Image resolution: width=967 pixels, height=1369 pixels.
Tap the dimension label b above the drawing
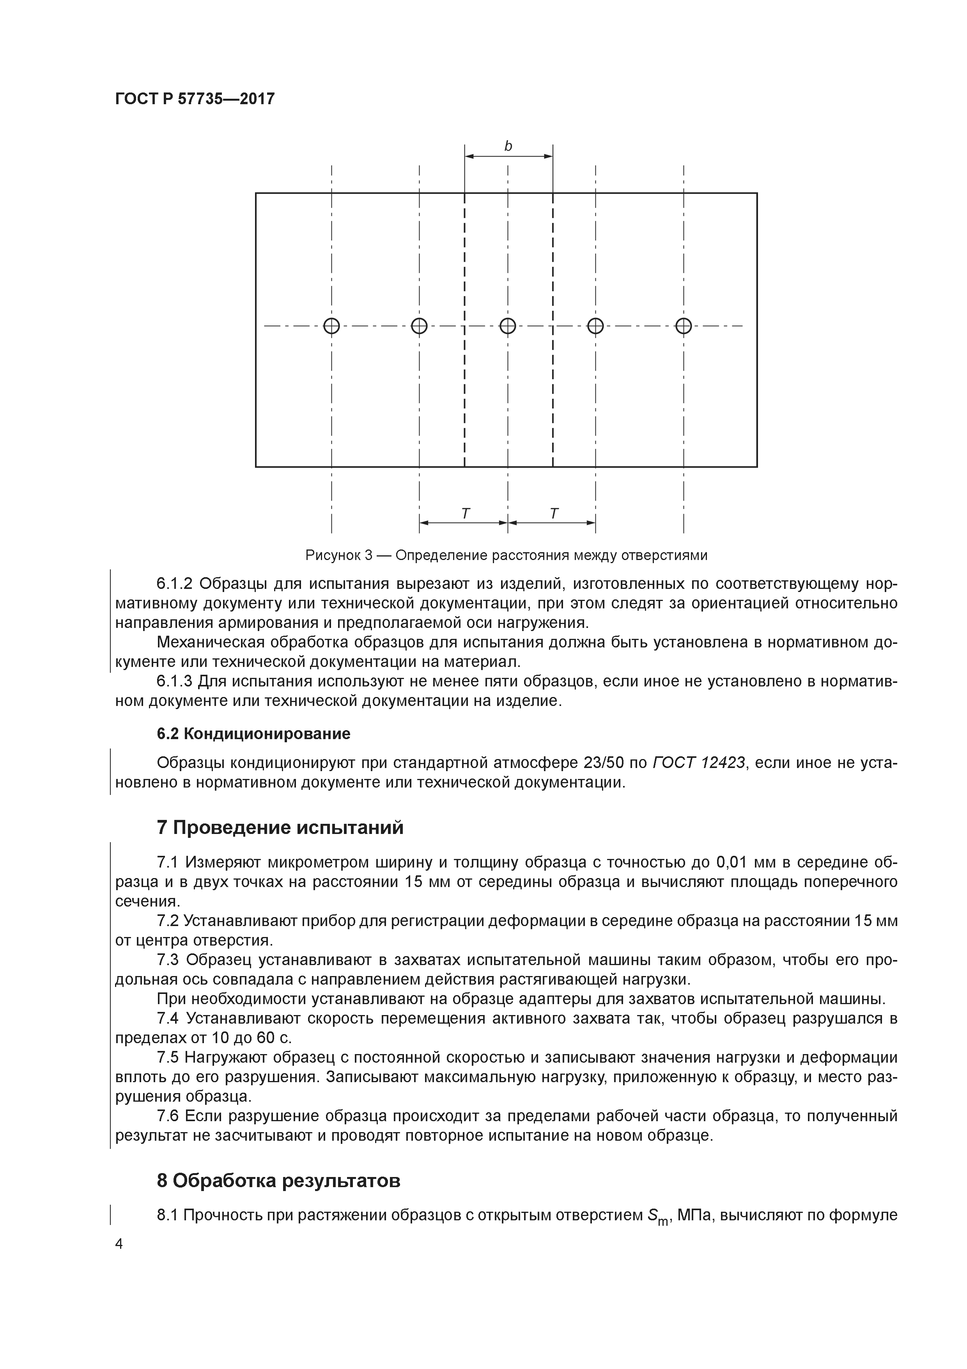click(x=508, y=146)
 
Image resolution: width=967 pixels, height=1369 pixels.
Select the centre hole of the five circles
click(x=508, y=326)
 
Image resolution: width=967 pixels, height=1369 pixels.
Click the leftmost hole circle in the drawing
click(x=331, y=326)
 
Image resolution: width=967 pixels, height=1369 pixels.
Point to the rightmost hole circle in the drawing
click(x=684, y=326)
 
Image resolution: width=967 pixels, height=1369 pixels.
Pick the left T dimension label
click(x=465, y=513)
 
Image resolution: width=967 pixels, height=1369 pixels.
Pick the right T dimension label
click(x=554, y=513)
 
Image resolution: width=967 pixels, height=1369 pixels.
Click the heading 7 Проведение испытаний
click(x=280, y=828)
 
